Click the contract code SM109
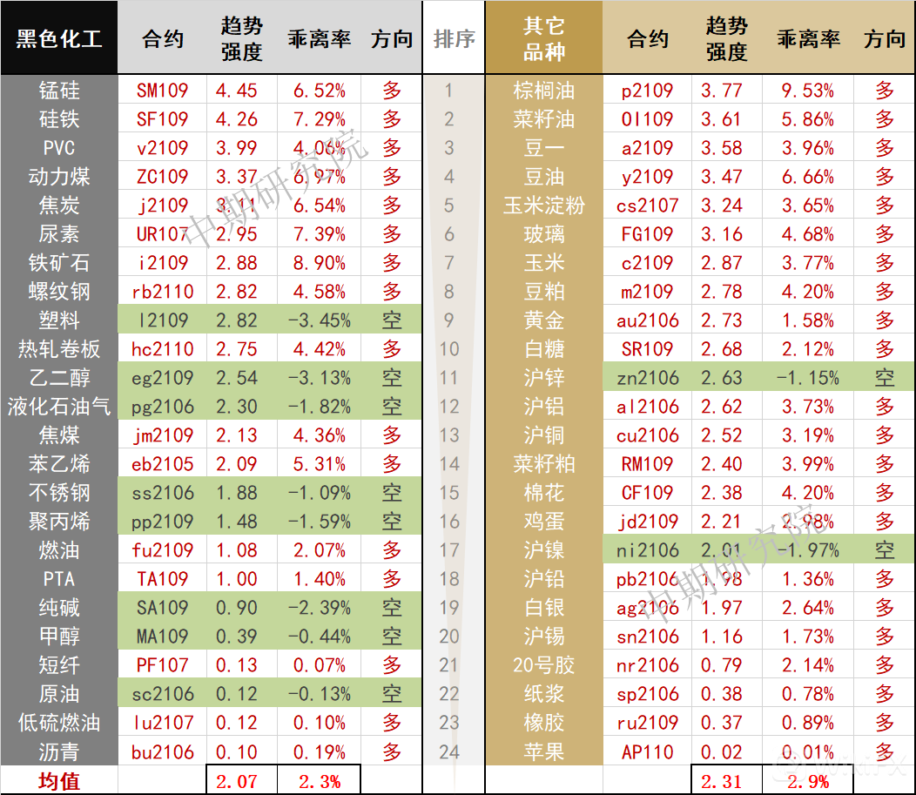[x=163, y=91]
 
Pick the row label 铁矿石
[x=59, y=263]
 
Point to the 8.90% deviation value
[x=320, y=263]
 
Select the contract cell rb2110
[x=163, y=292]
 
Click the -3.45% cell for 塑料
[x=320, y=320]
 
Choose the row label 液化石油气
[x=59, y=407]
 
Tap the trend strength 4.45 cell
[x=237, y=91]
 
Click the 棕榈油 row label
[x=544, y=91]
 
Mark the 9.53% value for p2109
[x=807, y=91]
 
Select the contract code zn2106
[x=648, y=378]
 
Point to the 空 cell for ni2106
[x=885, y=550]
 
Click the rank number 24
[x=449, y=751]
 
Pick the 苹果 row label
[x=544, y=751]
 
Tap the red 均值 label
[x=59, y=781]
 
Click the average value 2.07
[x=237, y=781]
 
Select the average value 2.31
[x=723, y=781]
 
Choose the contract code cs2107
[x=648, y=205]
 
